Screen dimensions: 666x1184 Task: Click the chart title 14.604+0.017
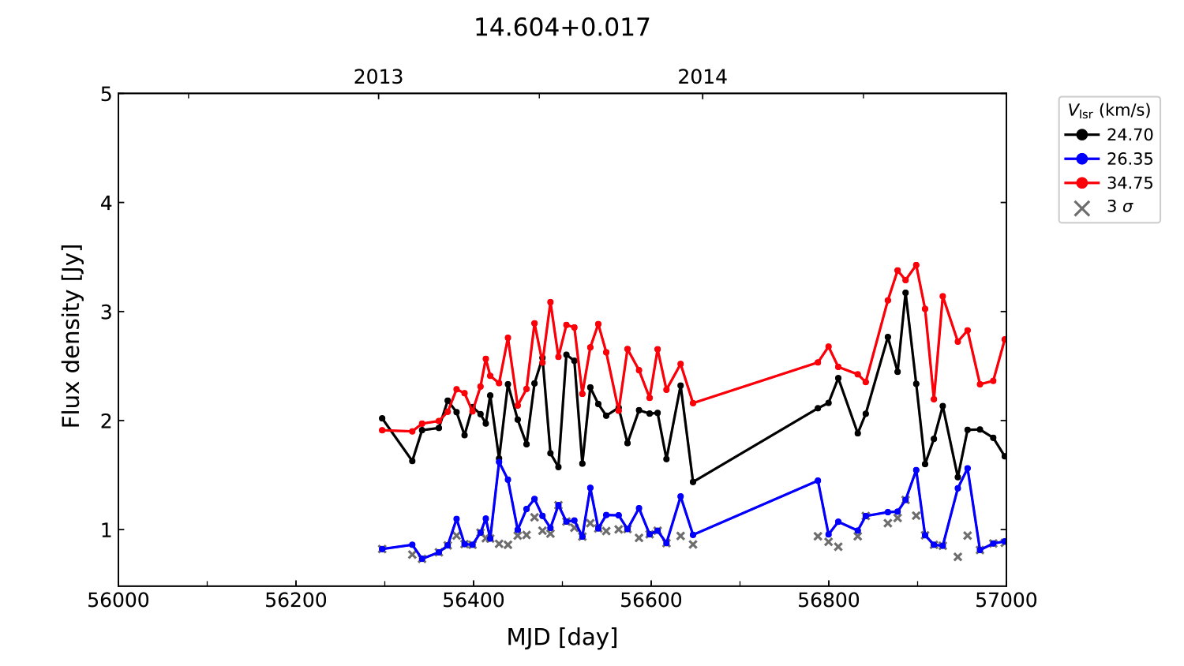point(561,28)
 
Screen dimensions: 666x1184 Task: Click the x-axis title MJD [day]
point(561,637)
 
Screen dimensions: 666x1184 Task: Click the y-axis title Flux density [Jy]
point(72,336)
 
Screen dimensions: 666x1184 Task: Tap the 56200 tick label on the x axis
point(296,601)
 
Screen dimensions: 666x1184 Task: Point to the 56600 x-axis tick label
point(651,601)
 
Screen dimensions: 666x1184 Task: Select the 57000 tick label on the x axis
point(1006,601)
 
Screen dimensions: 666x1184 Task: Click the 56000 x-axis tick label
point(118,601)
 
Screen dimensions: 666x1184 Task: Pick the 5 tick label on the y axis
point(106,95)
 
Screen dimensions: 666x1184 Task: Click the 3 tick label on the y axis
point(106,312)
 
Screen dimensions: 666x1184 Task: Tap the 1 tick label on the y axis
point(106,529)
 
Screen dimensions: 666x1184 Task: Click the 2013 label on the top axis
point(378,77)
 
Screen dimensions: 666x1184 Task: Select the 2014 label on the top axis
point(702,77)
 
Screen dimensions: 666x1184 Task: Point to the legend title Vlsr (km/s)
point(1109,110)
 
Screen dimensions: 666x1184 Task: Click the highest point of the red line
point(916,265)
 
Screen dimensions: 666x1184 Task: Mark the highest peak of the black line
point(905,293)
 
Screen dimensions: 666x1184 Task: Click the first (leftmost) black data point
point(382,418)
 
